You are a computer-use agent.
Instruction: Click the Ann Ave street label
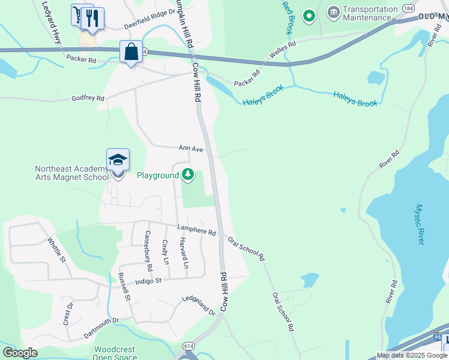click(190, 148)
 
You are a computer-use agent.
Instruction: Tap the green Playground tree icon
click(188, 175)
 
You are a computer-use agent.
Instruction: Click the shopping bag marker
click(131, 52)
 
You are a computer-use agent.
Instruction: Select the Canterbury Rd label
click(148, 249)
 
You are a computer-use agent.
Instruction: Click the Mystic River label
click(419, 224)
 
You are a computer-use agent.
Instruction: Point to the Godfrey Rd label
click(88, 98)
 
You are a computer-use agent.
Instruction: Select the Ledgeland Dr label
click(198, 305)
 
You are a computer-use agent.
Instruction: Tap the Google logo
click(20, 353)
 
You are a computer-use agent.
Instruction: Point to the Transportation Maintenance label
click(370, 13)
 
